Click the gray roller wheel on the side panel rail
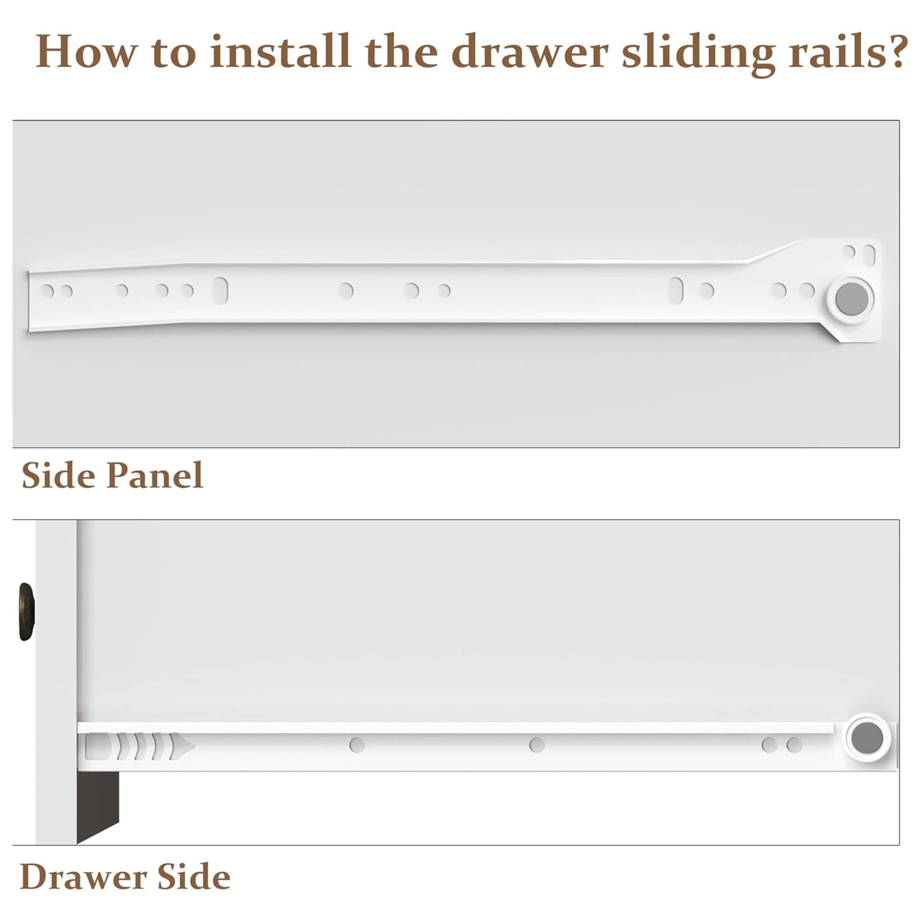pos(853,299)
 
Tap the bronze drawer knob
pos(27,611)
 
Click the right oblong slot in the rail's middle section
pos(676,290)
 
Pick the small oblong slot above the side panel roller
pos(869,255)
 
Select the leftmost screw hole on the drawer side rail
pos(357,745)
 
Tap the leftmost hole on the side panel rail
pos(47,290)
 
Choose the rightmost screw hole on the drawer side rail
pos(794,745)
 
